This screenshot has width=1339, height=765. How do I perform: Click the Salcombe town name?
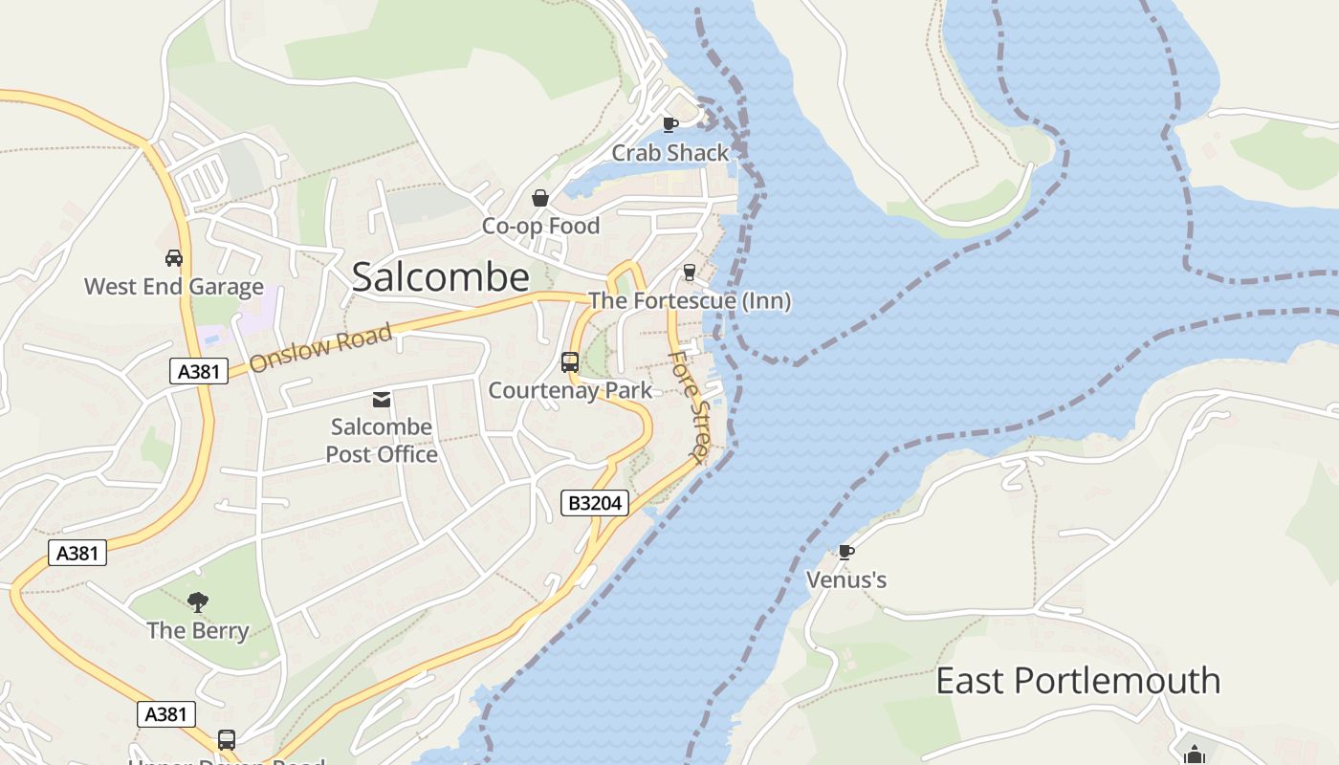(x=440, y=277)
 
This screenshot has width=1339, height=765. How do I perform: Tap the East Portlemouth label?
(x=1078, y=681)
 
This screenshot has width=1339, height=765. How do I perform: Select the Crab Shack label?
(x=669, y=153)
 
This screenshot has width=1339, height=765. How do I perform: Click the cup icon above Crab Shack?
(x=670, y=124)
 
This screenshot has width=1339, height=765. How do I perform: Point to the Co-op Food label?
(x=540, y=227)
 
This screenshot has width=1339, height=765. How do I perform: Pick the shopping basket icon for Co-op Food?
(x=540, y=198)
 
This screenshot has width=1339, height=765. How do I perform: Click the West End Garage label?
(x=173, y=287)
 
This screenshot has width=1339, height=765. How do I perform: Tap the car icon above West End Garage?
(x=174, y=258)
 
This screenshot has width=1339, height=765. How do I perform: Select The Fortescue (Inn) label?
(x=690, y=301)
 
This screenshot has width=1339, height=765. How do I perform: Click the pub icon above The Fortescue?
(x=689, y=273)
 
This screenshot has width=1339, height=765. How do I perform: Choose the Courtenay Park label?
(x=570, y=390)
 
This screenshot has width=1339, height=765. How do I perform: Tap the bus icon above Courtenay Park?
(x=570, y=362)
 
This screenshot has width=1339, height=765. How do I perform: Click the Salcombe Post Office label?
(x=382, y=440)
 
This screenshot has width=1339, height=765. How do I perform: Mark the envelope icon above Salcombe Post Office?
(x=382, y=400)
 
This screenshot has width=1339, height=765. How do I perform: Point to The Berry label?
(x=198, y=631)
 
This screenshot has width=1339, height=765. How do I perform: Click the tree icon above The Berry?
(x=198, y=602)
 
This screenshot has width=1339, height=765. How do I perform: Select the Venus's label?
(x=846, y=580)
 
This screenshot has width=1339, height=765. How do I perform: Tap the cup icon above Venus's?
(x=845, y=552)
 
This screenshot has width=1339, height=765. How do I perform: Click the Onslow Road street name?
(x=321, y=349)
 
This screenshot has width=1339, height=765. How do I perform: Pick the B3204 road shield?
(x=594, y=503)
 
